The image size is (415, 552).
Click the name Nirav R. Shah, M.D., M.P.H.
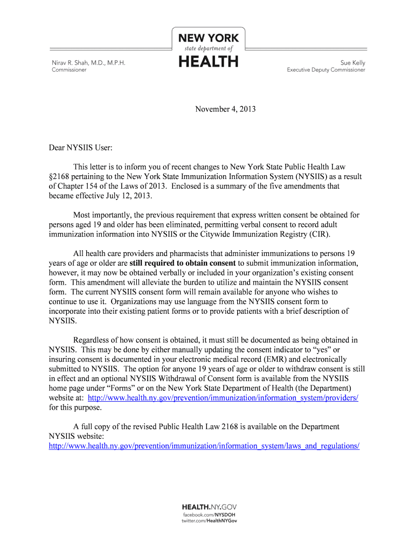click(88, 63)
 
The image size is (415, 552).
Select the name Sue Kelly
click(352, 63)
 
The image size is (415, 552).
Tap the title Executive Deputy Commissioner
click(326, 70)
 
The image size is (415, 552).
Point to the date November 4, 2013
click(225, 109)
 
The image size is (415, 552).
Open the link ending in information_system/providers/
click(223, 398)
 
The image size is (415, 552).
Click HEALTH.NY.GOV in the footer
click(209, 507)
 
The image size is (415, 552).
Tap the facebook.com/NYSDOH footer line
click(209, 515)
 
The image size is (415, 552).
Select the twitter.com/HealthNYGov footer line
click(209, 521)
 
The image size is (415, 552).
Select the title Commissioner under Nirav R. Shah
click(68, 70)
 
